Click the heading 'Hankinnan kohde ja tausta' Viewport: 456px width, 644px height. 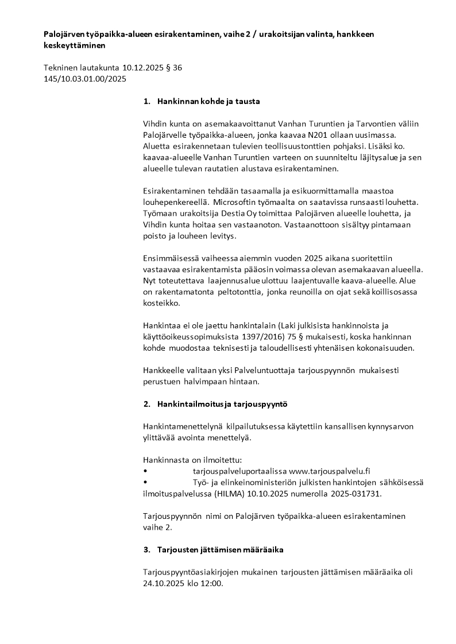coord(208,102)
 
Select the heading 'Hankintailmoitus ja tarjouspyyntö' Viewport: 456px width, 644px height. coord(222,404)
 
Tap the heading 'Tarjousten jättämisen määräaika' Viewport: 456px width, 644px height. coord(220,550)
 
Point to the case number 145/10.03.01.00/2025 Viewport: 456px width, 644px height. coord(84,79)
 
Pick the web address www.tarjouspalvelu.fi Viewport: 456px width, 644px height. coord(330,471)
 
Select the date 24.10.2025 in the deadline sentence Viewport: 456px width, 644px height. coord(163,584)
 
